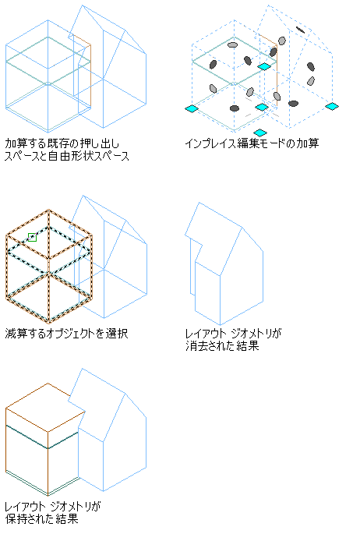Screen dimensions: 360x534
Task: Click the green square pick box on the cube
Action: pyautogui.click(x=32, y=237)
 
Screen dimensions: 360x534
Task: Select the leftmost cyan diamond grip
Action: pyautogui.click(x=192, y=108)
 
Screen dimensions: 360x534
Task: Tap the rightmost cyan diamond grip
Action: pyautogui.click(x=332, y=106)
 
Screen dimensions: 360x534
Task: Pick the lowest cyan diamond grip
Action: pyautogui.click(x=260, y=133)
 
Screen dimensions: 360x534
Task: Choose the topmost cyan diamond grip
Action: pyautogui.click(x=264, y=66)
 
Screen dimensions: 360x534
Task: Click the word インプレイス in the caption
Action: pyautogui.click(x=210, y=143)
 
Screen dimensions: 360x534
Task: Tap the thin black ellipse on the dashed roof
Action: pyautogui.click(x=301, y=30)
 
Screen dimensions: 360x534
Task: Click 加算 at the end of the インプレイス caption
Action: pyautogui.click(x=308, y=143)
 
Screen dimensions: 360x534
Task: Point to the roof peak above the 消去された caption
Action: pyautogui.click(x=199, y=203)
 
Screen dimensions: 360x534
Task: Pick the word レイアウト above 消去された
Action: pyautogui.click(x=206, y=334)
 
